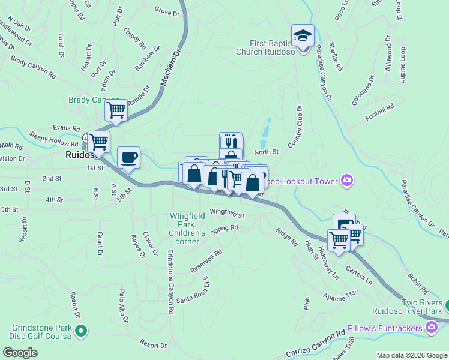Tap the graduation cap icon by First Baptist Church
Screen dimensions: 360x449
point(303,35)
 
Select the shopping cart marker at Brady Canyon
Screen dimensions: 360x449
point(116,110)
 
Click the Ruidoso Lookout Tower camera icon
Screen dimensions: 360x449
point(346,180)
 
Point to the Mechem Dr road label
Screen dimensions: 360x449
point(170,70)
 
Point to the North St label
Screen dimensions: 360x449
point(267,152)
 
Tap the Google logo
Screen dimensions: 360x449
point(20,352)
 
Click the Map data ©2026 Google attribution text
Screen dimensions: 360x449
point(411,355)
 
